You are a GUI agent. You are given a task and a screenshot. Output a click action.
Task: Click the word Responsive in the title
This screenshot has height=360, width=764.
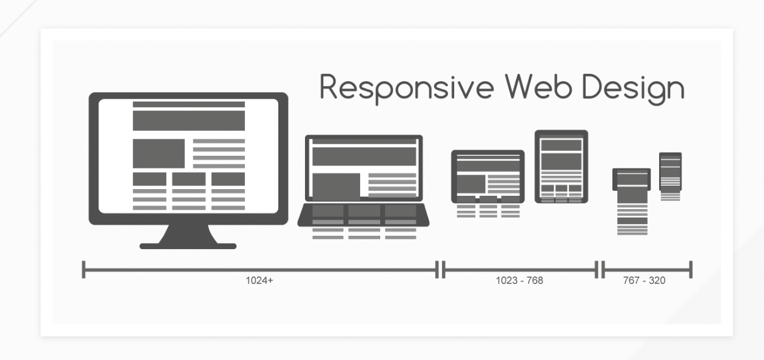tap(406, 88)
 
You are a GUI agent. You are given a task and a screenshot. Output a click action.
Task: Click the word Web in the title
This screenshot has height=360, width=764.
tap(539, 87)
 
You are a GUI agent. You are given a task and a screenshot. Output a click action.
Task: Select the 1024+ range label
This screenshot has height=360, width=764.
tap(260, 281)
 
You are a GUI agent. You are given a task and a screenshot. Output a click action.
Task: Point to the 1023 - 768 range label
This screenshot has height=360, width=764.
tap(519, 281)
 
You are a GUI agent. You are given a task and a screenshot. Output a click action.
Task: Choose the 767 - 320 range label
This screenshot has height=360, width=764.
tap(644, 281)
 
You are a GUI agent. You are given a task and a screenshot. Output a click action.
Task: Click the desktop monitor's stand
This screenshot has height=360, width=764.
tap(188, 237)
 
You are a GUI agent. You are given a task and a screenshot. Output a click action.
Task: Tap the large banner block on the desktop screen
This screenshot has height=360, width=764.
tap(189, 121)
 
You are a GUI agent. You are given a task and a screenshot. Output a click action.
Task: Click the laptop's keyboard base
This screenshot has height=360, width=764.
tap(363, 215)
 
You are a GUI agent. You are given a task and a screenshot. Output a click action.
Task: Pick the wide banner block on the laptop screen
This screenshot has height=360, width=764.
tap(364, 157)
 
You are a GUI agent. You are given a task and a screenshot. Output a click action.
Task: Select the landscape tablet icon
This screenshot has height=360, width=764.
tap(488, 176)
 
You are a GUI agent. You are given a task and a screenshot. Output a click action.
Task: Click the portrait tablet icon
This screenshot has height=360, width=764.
tap(561, 166)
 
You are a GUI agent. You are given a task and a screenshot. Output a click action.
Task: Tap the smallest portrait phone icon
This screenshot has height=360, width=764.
tap(670, 172)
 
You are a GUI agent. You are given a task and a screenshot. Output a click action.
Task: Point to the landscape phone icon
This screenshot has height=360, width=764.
tap(632, 179)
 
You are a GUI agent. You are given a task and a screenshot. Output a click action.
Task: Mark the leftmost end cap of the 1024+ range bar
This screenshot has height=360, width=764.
tap(84, 270)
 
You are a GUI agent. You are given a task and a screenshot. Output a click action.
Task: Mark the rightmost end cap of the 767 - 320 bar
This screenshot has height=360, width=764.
tap(691, 270)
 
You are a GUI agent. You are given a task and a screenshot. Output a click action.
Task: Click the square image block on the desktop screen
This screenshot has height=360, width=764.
tap(159, 153)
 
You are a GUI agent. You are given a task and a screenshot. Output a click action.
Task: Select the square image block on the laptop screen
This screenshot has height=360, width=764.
tap(337, 185)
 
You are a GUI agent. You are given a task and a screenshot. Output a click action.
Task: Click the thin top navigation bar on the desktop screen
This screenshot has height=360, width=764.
tap(189, 104)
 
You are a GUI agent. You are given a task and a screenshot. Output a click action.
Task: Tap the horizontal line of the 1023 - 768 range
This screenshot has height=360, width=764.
tap(520, 270)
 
